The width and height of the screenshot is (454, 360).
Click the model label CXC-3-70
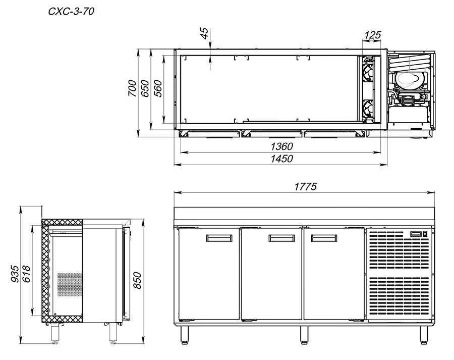point(71,11)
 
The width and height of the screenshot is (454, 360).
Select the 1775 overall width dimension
point(306,186)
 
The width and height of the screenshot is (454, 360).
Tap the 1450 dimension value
point(281,159)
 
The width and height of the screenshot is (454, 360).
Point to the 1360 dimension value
point(281,146)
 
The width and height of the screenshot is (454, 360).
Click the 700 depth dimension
point(132,88)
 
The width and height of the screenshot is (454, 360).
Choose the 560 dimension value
point(158,88)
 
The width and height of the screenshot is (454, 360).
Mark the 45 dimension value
point(204,33)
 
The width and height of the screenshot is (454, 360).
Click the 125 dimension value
point(372,35)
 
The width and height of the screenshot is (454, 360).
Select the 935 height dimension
point(15,273)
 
